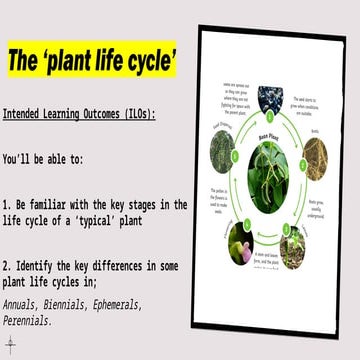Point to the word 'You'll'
pyautogui.click(x=19, y=158)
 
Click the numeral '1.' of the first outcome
pyautogui.click(x=9, y=204)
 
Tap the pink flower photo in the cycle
pyautogui.click(x=242, y=243)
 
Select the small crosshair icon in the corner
pyautogui.click(x=10, y=345)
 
